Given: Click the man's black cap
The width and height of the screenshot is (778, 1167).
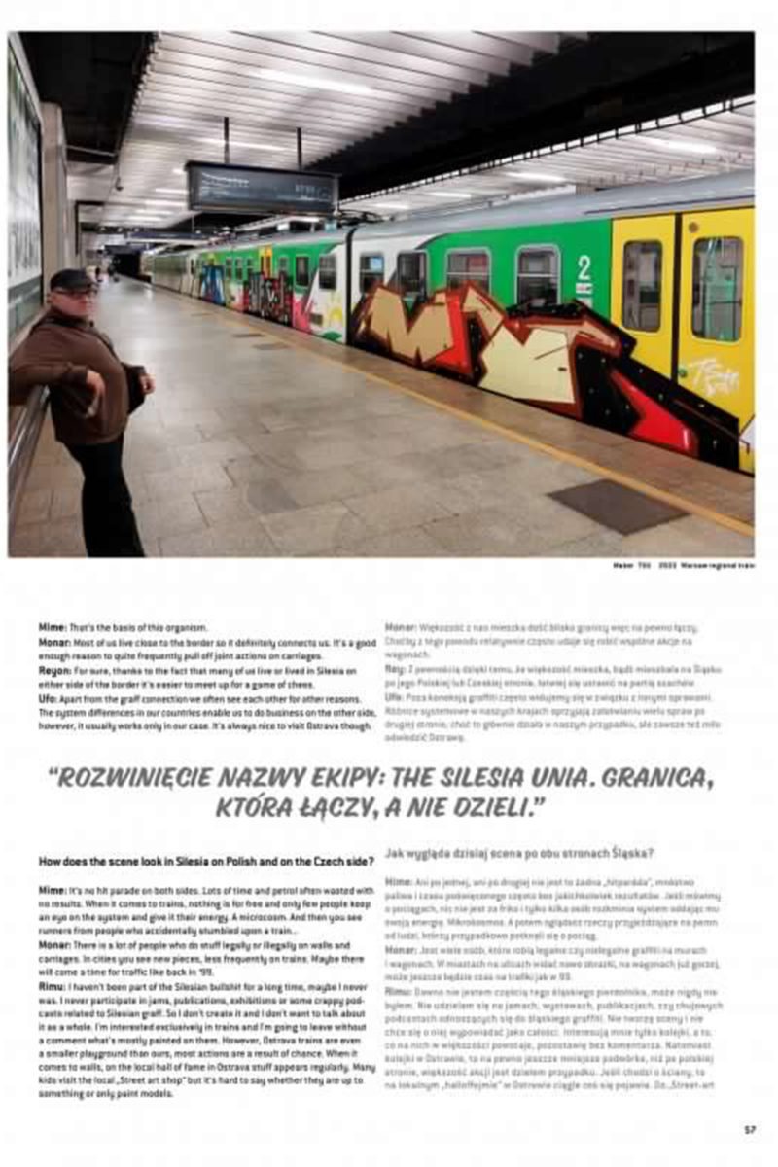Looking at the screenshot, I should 72,279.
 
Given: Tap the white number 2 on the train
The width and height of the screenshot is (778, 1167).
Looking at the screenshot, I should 583,267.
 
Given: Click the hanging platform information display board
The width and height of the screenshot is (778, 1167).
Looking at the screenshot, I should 262,189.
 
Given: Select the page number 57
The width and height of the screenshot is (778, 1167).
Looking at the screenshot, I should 750,1129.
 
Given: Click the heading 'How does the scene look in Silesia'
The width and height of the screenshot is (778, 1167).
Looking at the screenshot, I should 204,861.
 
